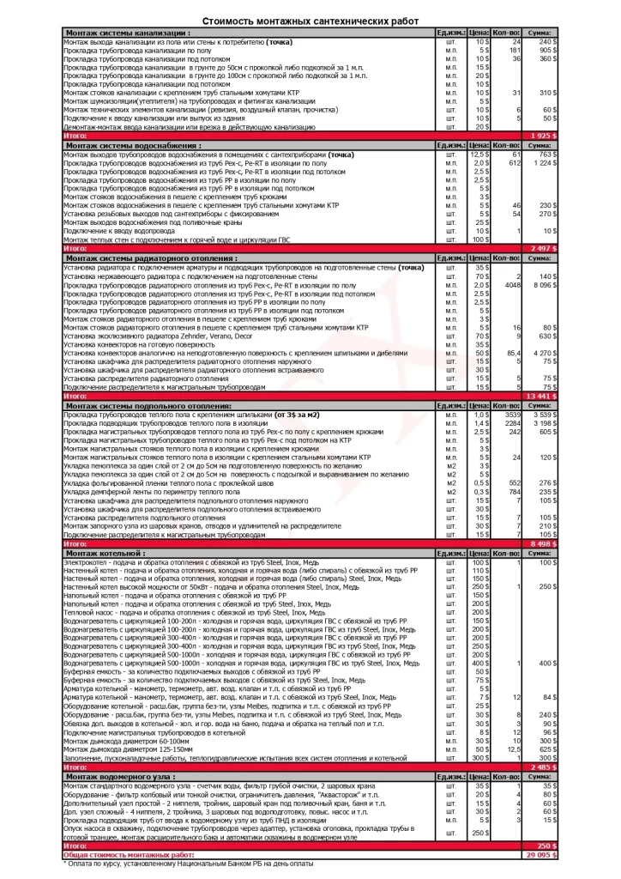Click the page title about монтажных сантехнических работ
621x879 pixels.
coord(310,19)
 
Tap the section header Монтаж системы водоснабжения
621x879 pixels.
coord(131,145)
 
